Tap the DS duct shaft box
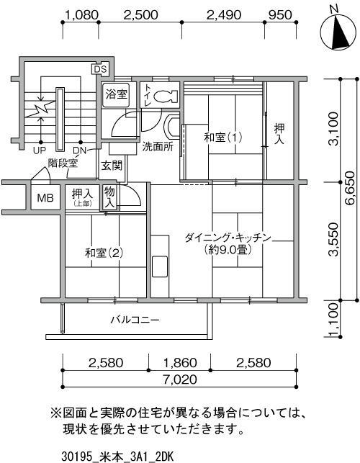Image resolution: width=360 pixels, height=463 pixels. [x=100, y=69]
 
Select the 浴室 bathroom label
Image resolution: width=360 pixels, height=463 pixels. [x=116, y=94]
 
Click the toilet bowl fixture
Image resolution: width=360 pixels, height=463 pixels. [x=166, y=96]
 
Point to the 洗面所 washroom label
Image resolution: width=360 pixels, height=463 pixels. [x=158, y=146]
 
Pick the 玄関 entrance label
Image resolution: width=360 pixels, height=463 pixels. [x=112, y=166]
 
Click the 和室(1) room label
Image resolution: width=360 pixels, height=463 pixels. [x=223, y=137]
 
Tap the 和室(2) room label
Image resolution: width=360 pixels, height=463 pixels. [x=104, y=253]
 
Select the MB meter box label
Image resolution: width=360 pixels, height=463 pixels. [x=45, y=198]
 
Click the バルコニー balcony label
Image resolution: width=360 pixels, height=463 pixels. [x=135, y=320]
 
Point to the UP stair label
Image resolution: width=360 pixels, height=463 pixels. [x=40, y=151]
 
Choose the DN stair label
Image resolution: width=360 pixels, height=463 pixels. [x=79, y=151]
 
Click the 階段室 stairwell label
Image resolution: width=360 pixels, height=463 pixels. [x=63, y=163]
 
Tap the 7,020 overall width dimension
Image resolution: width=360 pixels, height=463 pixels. [x=179, y=379]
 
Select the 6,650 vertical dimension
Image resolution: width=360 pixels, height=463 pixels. [x=349, y=189]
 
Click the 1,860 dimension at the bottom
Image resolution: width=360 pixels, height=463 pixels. [x=179, y=363]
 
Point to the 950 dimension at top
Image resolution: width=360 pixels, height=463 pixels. [x=280, y=15]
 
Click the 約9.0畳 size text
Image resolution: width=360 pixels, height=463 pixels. [x=228, y=251]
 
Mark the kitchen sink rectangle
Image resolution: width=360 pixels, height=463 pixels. [x=159, y=266]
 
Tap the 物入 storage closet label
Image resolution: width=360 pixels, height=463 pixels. [x=109, y=197]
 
